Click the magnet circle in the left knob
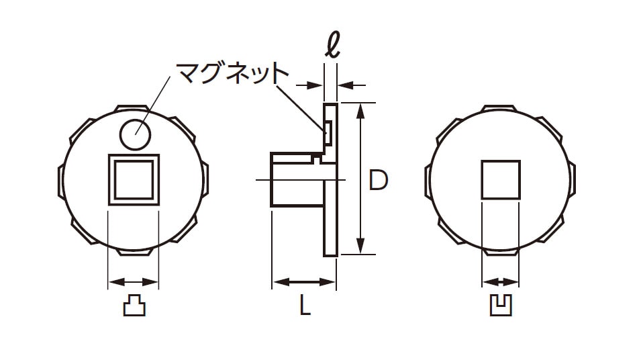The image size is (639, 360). (x=136, y=134)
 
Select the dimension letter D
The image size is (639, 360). (x=378, y=181)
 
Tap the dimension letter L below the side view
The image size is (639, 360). (x=305, y=305)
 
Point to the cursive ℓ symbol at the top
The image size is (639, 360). (x=332, y=44)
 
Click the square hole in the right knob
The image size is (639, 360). (x=501, y=180)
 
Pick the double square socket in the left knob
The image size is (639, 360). (x=134, y=179)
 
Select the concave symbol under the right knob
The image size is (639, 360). (x=501, y=305)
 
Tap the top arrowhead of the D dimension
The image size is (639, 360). (x=360, y=111)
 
